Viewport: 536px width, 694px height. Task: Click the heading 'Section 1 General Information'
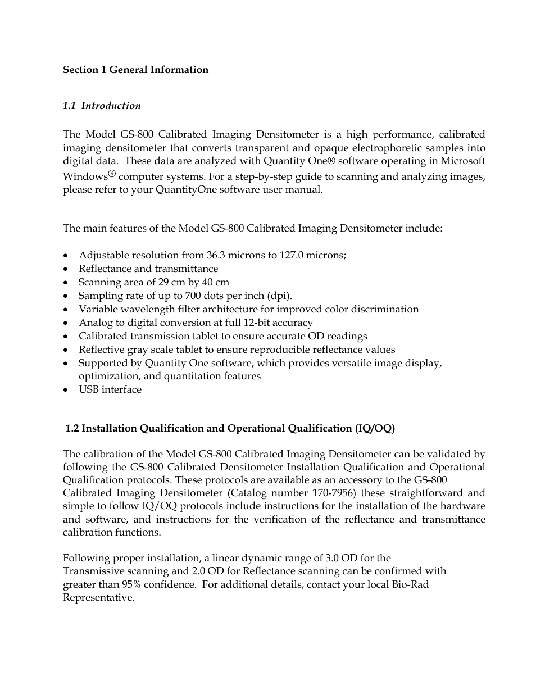[135, 70]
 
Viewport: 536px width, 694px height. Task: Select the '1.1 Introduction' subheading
[102, 106]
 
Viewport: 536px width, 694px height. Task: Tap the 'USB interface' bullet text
[110, 389]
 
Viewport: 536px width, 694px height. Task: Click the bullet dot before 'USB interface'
[66, 390]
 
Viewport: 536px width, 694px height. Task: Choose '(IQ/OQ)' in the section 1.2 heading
[375, 428]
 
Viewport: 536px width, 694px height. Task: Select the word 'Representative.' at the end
[98, 597]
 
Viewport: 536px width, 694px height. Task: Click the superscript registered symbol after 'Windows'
[112, 174]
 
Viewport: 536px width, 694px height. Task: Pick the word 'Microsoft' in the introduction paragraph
[462, 161]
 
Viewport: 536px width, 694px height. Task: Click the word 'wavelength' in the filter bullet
[143, 309]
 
